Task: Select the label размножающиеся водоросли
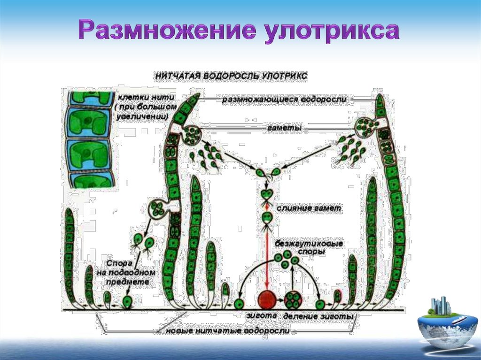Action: point(284,100)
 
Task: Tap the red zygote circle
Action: point(267,299)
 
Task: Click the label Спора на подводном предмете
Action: point(123,272)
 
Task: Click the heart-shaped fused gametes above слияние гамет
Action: point(266,193)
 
